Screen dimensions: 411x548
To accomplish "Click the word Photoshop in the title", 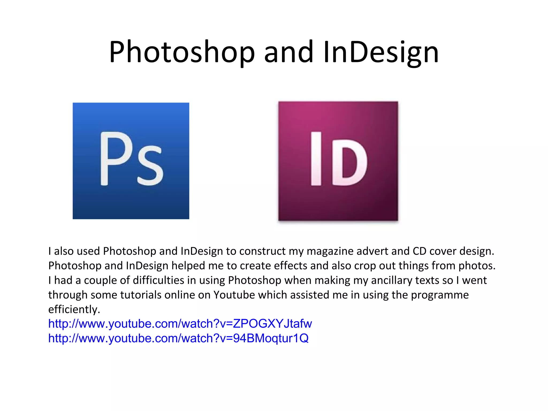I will coord(182,52).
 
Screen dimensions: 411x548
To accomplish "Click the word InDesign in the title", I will coord(381,52).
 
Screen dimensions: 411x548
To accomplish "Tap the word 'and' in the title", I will coord(288,52).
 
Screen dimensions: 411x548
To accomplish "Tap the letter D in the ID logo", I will coord(349,162).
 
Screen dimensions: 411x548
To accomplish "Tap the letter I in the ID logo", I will coord(316,158).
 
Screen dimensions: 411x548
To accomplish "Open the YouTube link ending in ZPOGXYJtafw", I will coord(180,324).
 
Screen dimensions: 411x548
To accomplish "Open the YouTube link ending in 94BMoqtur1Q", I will coord(178,338).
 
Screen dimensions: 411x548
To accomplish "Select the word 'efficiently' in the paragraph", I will coord(74,309).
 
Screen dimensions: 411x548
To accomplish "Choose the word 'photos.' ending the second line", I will coord(477,266).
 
